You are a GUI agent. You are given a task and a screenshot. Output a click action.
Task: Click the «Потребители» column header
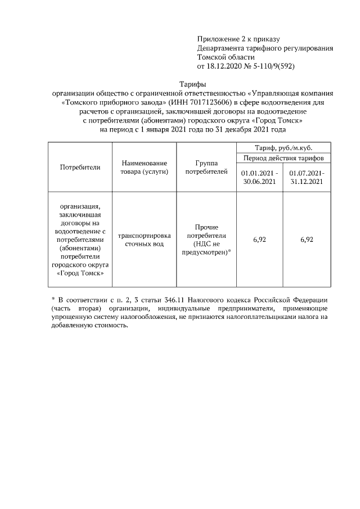[x=80, y=166]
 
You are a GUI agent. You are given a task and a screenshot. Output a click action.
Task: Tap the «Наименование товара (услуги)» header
[x=145, y=166]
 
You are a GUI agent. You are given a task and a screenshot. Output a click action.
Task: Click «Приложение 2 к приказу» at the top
[x=238, y=39]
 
